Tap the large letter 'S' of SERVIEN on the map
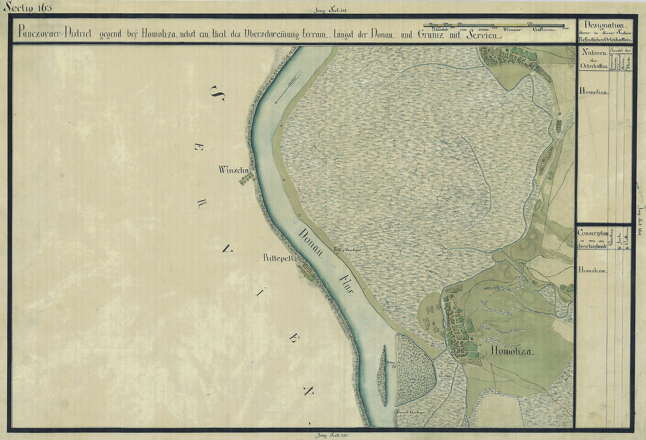tap(218, 95)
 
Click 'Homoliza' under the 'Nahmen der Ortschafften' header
tap(594, 92)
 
